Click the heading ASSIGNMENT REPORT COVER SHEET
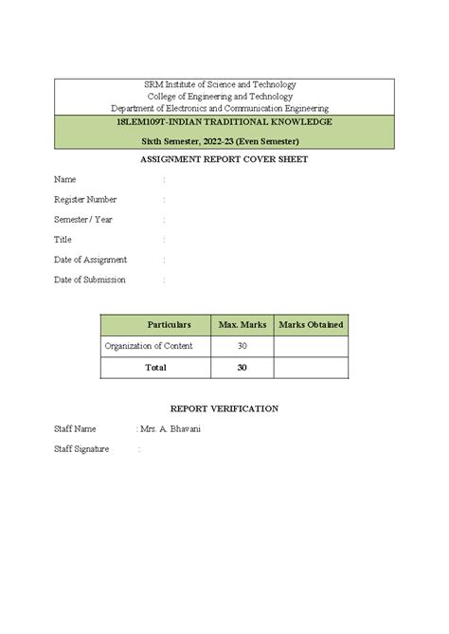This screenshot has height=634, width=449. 224,159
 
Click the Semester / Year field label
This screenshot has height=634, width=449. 83,220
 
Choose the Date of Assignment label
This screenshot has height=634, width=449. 91,260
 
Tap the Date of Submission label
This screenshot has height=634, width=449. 90,280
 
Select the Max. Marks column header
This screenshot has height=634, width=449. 242,325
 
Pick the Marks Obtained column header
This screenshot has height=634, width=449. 311,325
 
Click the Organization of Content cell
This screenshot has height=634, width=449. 150,346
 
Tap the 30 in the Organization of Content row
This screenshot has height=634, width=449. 242,346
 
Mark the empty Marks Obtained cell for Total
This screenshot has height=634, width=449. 311,367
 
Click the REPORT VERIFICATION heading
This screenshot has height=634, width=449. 224,408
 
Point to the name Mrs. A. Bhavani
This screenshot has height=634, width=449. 171,429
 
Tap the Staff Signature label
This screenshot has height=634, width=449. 82,448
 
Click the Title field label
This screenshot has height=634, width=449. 63,240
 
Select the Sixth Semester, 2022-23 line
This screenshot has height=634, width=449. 224,141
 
